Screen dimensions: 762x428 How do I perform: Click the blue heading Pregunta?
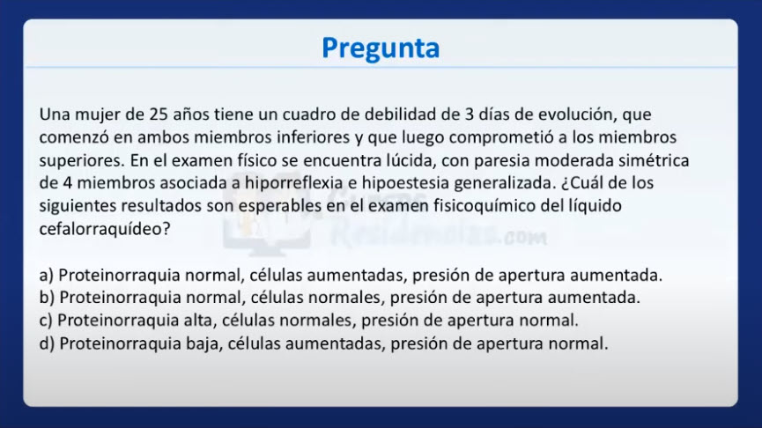[381, 48]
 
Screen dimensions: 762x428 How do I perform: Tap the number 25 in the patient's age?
[159, 114]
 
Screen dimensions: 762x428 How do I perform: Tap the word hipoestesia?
[405, 183]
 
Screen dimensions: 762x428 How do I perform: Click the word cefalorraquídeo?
[105, 229]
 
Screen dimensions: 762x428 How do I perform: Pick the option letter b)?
[47, 298]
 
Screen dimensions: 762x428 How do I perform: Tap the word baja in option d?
[204, 343]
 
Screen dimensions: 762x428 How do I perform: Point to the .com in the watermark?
[525, 238]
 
